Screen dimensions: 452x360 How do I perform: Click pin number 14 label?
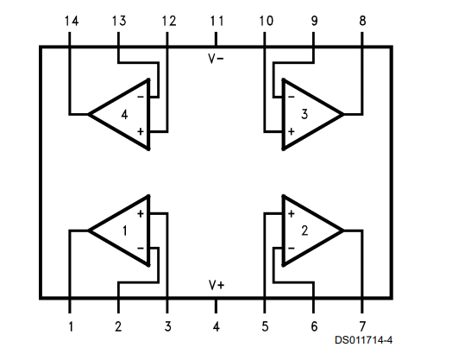point(72,21)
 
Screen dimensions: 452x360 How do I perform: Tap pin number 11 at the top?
point(217,21)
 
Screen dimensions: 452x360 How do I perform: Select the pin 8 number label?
point(362,21)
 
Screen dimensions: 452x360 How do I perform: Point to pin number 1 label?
point(71,326)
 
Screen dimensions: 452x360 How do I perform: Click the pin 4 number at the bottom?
point(217,326)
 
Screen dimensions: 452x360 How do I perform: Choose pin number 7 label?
point(362,326)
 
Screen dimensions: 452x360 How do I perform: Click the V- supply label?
point(216,59)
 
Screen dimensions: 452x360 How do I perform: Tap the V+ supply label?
point(217,285)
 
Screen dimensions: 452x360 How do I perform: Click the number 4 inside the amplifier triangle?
point(124,115)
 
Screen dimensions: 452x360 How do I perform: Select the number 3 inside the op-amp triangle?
point(304,114)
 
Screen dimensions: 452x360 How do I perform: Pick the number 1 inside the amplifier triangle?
point(124,231)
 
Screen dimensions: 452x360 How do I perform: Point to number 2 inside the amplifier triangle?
point(304,231)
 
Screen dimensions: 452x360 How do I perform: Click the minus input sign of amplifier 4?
point(141,97)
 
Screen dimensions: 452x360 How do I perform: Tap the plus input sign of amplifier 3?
point(292,131)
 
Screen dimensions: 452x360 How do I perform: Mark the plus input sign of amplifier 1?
point(141,214)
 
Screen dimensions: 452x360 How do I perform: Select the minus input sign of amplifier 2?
point(292,248)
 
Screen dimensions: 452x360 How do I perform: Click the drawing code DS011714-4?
point(363,340)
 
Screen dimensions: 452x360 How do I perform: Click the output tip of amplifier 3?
point(343,115)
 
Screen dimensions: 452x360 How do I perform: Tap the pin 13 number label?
point(119,21)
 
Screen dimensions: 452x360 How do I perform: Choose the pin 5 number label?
point(265,326)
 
